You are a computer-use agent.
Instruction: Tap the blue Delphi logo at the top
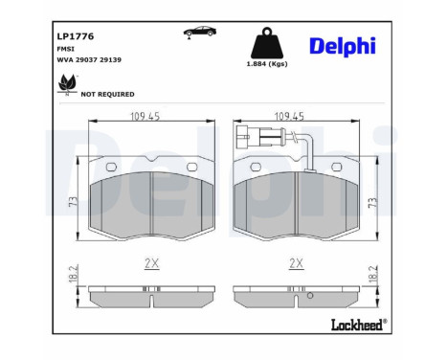pyautogui.click(x=343, y=47)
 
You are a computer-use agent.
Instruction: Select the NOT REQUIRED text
pyautogui.click(x=107, y=95)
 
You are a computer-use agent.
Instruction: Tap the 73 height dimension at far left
pyautogui.click(x=72, y=202)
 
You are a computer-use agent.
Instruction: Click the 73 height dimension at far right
pyautogui.click(x=373, y=202)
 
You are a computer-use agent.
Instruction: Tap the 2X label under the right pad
pyautogui.click(x=296, y=261)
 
